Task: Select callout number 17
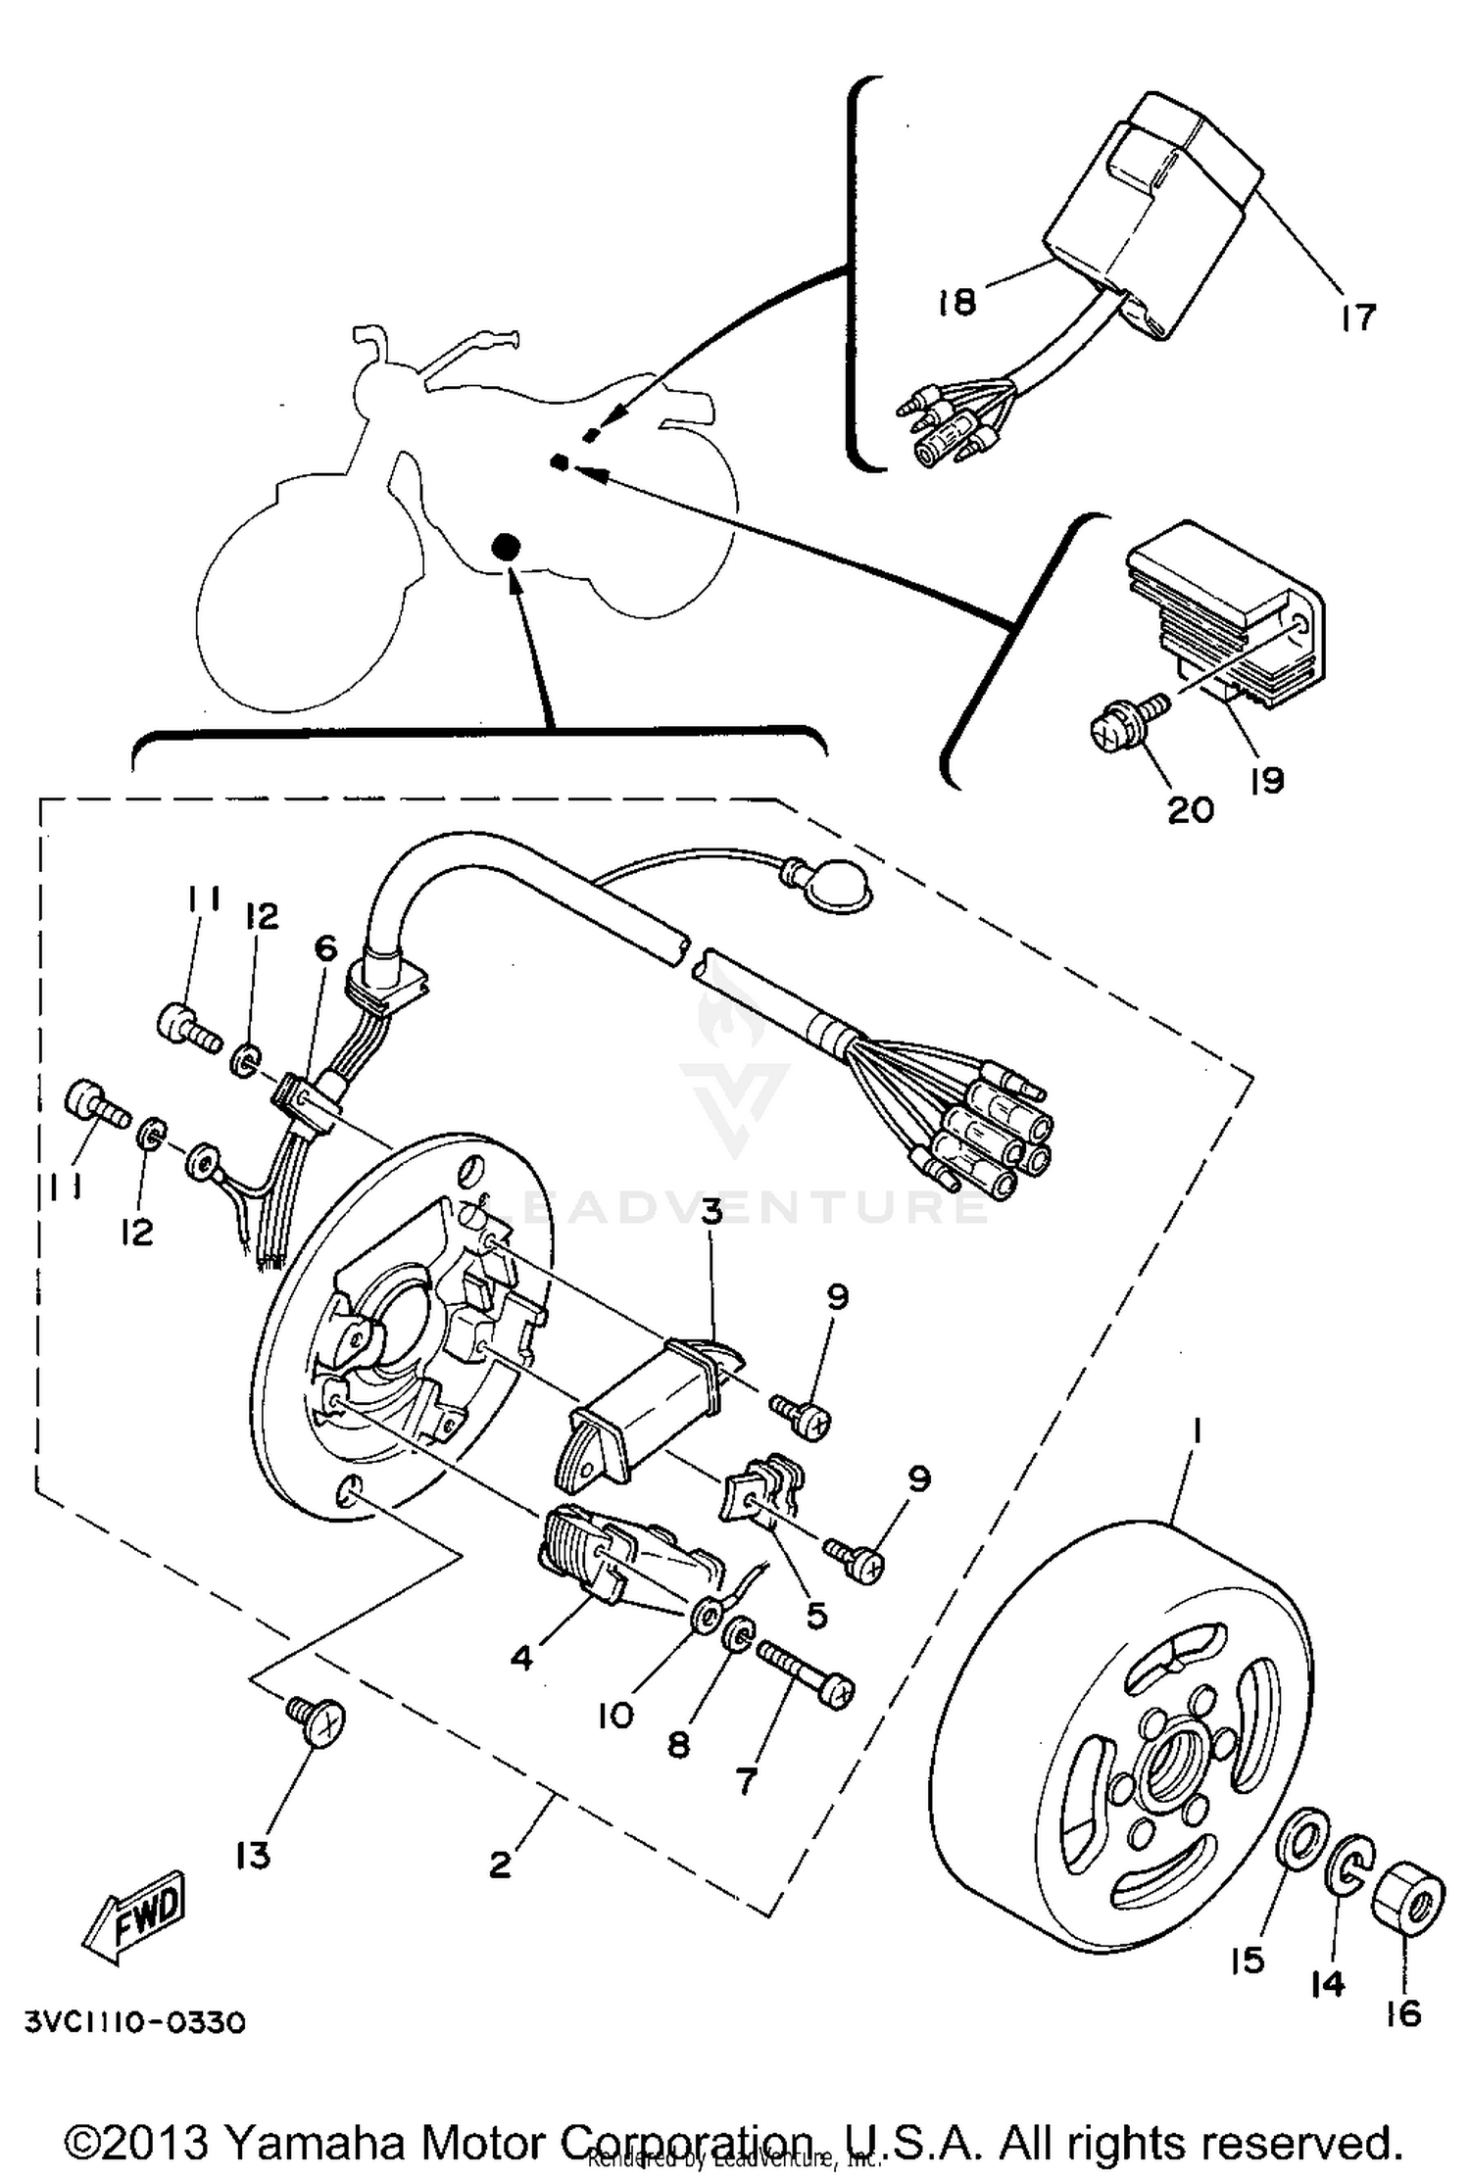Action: [1357, 316]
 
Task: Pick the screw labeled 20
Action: [1119, 724]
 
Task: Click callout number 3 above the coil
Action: [710, 1213]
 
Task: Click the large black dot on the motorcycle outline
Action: [506, 548]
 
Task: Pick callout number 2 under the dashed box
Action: [500, 1864]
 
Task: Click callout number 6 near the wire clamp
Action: [325, 947]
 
